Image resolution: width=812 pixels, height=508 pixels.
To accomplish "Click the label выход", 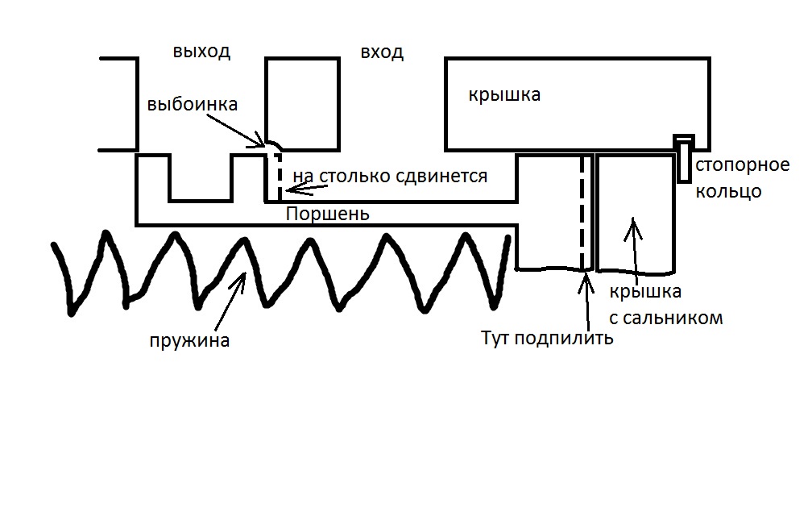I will [201, 52].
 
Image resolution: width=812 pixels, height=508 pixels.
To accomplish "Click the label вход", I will [382, 53].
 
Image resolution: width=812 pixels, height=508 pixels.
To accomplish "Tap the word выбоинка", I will [193, 106].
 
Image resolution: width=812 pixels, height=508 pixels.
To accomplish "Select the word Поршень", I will [328, 214].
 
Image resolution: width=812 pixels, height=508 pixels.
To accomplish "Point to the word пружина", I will [189, 340].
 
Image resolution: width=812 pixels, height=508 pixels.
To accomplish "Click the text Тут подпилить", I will [547, 338].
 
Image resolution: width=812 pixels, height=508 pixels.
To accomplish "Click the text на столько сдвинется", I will [390, 176].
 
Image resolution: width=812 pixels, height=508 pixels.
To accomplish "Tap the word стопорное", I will [742, 166].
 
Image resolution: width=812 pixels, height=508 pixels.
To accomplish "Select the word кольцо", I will [727, 193].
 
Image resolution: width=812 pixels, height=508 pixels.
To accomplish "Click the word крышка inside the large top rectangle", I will [504, 95].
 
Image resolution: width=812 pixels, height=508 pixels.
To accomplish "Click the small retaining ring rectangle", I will [684, 158].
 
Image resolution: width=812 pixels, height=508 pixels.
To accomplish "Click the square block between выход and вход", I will [301, 103].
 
